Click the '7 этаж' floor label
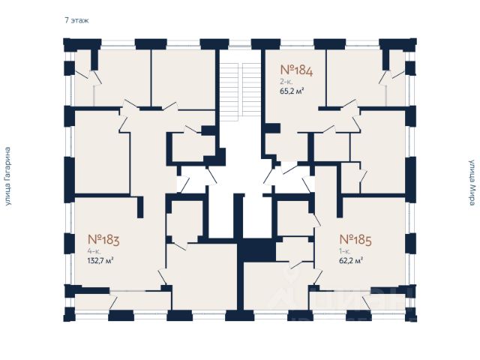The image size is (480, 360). pyautogui.click(x=76, y=20)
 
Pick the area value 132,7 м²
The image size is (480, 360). pyautogui.click(x=94, y=261)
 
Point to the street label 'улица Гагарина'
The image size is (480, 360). pyautogui.click(x=9, y=177)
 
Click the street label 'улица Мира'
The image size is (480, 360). pyautogui.click(x=472, y=181)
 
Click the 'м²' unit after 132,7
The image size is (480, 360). pyautogui.click(x=109, y=261)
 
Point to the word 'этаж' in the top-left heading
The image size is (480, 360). pyautogui.click(x=80, y=20)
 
